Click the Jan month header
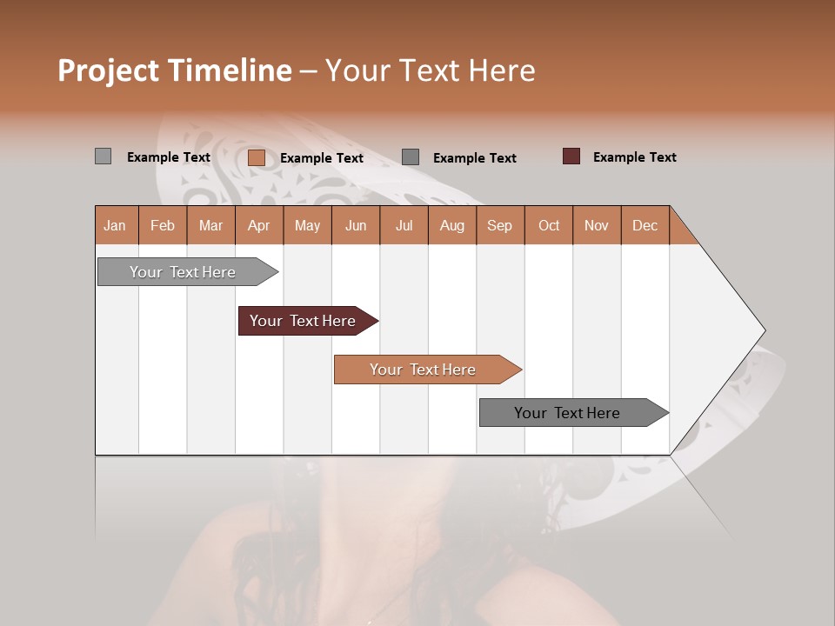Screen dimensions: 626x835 point(115,225)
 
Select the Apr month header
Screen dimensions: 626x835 point(258,225)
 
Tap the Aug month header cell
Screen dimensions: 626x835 point(451,225)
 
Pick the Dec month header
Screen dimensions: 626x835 point(645,225)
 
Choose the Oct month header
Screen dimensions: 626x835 point(548,225)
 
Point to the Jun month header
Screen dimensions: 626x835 point(355,225)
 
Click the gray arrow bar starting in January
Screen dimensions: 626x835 point(183,272)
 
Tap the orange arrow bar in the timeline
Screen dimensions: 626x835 point(423,370)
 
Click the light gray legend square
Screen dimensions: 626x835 point(103,156)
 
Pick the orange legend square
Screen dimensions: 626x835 point(256,157)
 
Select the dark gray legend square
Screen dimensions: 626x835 point(411,157)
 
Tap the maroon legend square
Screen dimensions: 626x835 point(571,156)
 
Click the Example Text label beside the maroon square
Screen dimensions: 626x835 point(634,157)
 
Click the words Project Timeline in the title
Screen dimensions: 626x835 point(174,70)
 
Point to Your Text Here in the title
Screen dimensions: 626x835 point(430,70)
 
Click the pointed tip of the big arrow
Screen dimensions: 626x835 point(763,330)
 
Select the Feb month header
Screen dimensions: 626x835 point(163,225)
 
